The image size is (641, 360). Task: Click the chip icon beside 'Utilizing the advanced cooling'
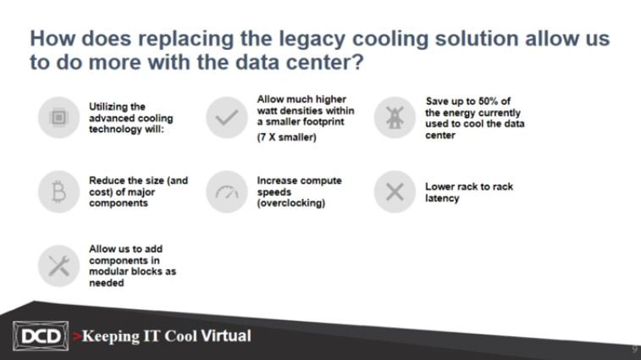(x=58, y=118)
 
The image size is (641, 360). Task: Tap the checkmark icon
(x=226, y=118)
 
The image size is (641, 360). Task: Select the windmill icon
(x=395, y=118)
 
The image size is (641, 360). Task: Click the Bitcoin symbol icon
(x=59, y=192)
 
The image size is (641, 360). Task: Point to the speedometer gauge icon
(x=227, y=192)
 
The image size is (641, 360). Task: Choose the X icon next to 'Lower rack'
(x=395, y=192)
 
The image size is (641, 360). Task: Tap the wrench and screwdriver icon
(x=59, y=266)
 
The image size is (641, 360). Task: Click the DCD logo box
(x=41, y=336)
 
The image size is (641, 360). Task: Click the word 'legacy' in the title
(x=312, y=39)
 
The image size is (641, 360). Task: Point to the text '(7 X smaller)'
(x=286, y=137)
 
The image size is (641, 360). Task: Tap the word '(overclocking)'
(x=291, y=203)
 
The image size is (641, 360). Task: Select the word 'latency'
(x=442, y=198)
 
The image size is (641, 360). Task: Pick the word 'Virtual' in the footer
(x=226, y=336)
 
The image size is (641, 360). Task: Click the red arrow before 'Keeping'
(x=76, y=336)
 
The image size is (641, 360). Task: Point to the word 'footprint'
(x=323, y=122)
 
